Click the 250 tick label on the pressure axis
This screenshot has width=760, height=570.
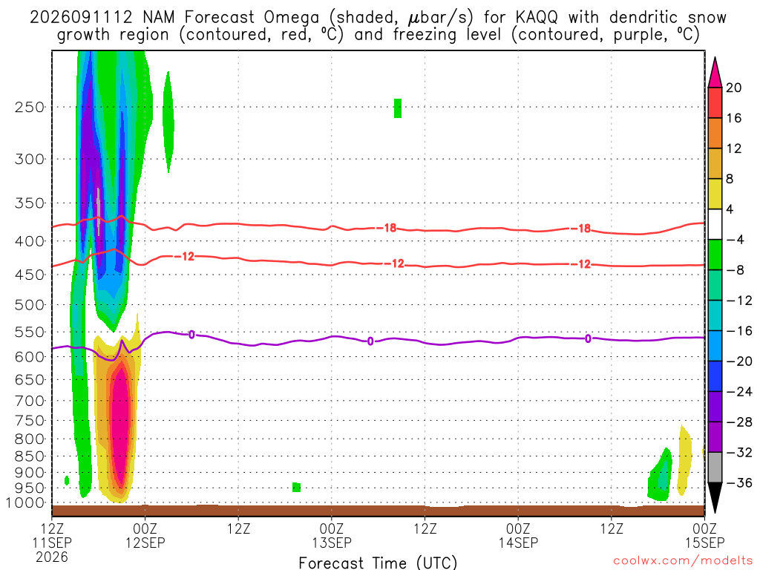[29, 107]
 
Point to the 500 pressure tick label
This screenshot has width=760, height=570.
[29, 305]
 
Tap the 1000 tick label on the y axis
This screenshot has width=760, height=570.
[25, 503]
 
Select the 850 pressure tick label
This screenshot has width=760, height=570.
[29, 456]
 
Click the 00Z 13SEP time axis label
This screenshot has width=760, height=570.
[332, 535]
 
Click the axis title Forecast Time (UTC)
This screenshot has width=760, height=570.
[378, 563]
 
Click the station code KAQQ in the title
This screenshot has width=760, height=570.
[536, 18]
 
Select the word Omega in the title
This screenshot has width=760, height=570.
[292, 18]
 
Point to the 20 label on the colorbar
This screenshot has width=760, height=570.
[734, 88]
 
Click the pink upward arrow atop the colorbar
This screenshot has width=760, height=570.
[715, 72]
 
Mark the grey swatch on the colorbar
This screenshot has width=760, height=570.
[715, 468]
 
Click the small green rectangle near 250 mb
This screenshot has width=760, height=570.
[398, 108]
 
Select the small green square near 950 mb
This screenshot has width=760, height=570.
[297, 487]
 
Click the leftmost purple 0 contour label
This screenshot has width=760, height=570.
[192, 335]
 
